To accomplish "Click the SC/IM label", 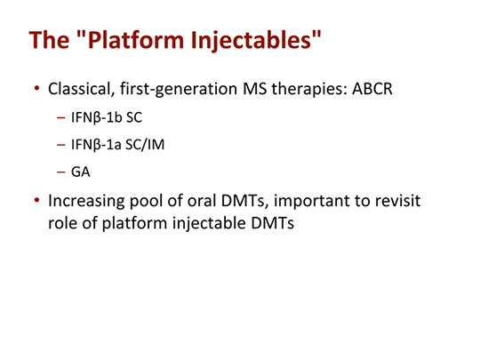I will [148, 145].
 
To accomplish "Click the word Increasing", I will [90, 201].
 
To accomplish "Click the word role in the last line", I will [62, 223].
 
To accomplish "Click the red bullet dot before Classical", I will [36, 91].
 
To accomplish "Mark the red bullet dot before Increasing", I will [36, 202].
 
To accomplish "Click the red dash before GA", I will [60, 172].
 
